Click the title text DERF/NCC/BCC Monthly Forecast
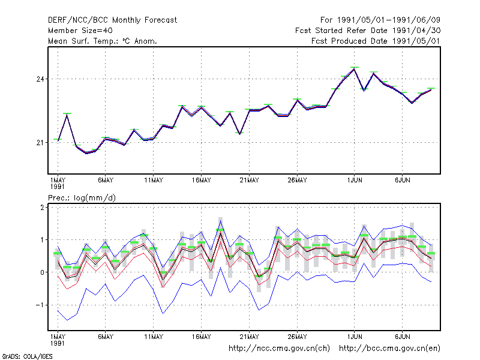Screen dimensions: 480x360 pyautogui.click(x=112, y=20)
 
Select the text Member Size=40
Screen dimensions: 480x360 pyautogui.click(x=80, y=31)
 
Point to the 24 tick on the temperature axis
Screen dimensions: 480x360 pyautogui.click(x=40, y=79)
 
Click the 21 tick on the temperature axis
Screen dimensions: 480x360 pyautogui.click(x=40, y=143)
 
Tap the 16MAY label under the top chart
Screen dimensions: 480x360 pyautogui.click(x=202, y=181)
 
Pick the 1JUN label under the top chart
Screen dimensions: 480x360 pyautogui.click(x=355, y=181)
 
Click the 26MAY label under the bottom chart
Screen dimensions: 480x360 pyautogui.click(x=297, y=337)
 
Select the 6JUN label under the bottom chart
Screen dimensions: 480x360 pyautogui.click(x=403, y=337)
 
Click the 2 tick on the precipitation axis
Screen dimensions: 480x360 pyautogui.click(x=42, y=208)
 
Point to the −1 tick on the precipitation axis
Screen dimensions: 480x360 pyautogui.click(x=40, y=305)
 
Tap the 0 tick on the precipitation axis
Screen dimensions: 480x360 pyautogui.click(x=42, y=272)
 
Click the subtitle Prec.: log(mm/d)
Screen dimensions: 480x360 pyautogui.click(x=82, y=198)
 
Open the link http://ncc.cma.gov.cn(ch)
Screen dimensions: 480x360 pyautogui.click(x=279, y=349)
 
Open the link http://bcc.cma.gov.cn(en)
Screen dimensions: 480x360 pyautogui.click(x=389, y=349)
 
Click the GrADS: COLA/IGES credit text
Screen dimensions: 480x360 pyautogui.click(x=28, y=356)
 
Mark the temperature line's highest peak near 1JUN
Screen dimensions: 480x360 pyautogui.click(x=354, y=69)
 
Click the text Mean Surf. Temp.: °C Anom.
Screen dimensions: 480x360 pyautogui.click(x=103, y=41)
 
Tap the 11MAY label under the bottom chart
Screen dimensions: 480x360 pyautogui.click(x=154, y=337)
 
